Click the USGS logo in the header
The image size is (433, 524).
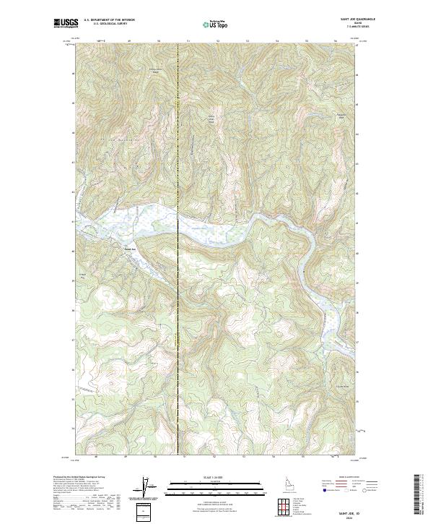click(66, 24)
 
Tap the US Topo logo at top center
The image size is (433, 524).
click(216, 24)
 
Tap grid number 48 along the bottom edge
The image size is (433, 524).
click(97, 456)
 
